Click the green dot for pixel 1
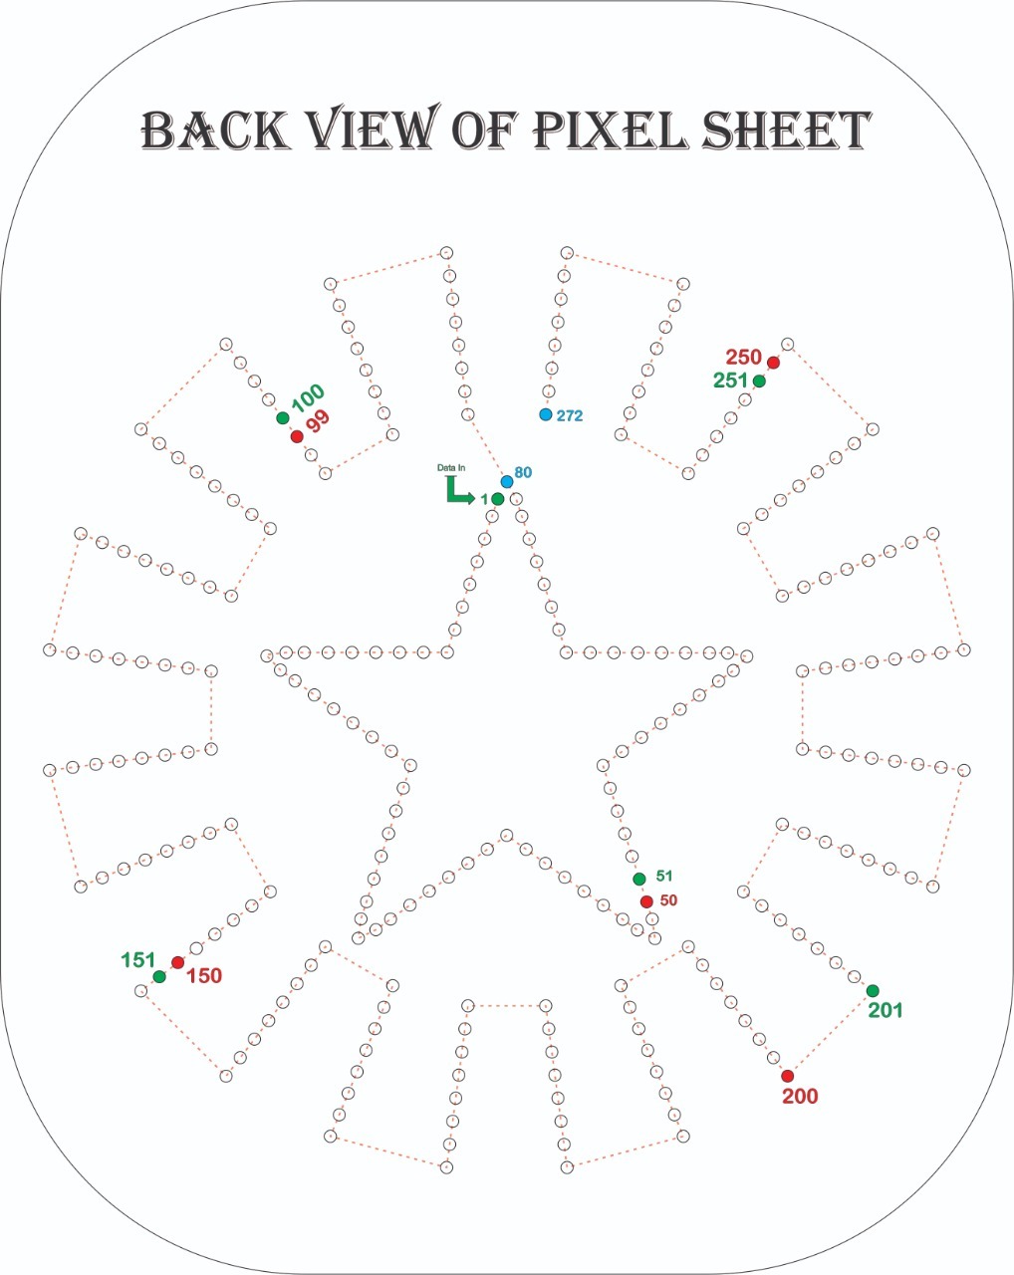(498, 499)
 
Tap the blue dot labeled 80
(507, 482)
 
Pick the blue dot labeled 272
(546, 414)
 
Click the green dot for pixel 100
(283, 418)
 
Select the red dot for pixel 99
(297, 436)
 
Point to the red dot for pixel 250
(773, 363)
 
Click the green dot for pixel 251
(759, 381)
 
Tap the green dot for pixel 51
(639, 879)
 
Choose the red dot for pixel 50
(646, 901)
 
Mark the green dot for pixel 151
(159, 976)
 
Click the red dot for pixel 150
(177, 962)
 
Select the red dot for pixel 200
(787, 1076)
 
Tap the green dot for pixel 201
(873, 990)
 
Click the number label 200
(800, 1097)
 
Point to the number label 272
(570, 415)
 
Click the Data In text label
(451, 467)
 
